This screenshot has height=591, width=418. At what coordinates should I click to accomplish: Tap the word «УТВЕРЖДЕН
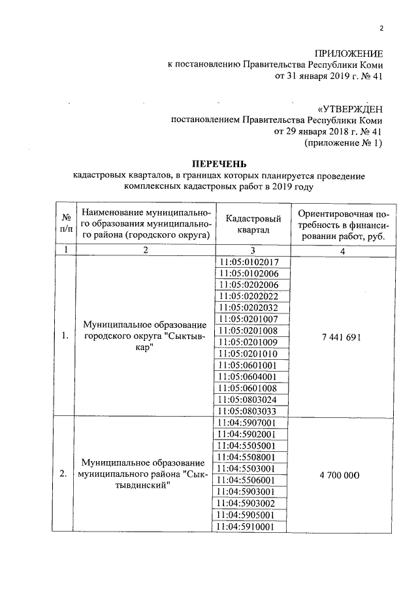[x=349, y=108]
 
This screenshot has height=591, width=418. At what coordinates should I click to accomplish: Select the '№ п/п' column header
[x=66, y=225]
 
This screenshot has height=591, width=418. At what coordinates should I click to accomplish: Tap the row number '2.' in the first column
[x=64, y=475]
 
